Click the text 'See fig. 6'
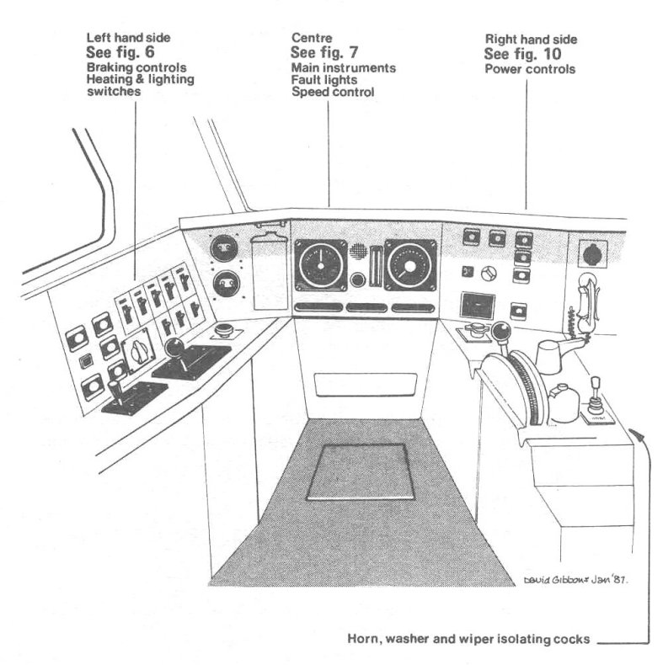[120, 52]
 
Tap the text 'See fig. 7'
[324, 52]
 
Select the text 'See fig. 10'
[522, 54]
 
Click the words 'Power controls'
[530, 69]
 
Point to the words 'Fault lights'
[323, 80]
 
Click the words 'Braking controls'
[136, 68]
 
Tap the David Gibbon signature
[575, 580]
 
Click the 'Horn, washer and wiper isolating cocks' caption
[468, 639]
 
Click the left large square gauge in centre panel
[321, 265]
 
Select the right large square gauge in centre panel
[410, 265]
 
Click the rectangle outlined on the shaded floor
[360, 471]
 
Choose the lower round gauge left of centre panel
[227, 284]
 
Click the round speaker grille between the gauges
[358, 250]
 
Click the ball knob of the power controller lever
[501, 331]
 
